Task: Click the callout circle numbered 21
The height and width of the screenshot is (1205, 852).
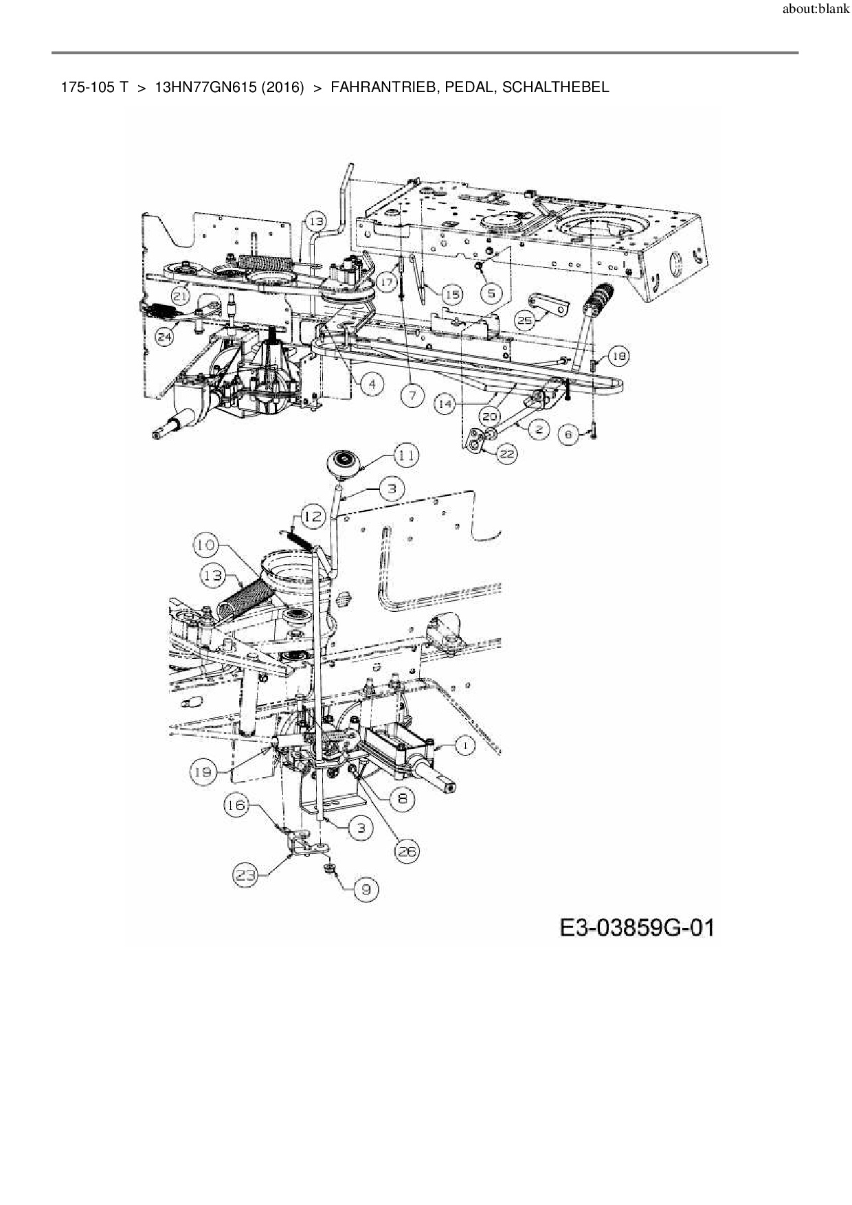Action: tap(181, 296)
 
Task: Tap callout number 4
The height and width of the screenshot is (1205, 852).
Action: tap(372, 383)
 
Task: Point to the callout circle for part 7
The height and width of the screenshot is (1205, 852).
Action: tap(412, 396)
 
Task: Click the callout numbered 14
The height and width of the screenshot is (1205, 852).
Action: tap(445, 405)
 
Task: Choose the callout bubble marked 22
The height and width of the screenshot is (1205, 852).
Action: tap(506, 453)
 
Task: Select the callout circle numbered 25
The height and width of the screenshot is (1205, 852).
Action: tap(525, 320)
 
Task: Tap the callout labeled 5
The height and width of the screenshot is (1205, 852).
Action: tap(490, 293)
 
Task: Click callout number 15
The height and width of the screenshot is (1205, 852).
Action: tap(451, 295)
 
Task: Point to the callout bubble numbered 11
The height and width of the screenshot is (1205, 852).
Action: tap(405, 455)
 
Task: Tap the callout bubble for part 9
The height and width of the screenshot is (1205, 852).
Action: tap(366, 890)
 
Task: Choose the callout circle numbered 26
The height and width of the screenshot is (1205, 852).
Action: tap(406, 852)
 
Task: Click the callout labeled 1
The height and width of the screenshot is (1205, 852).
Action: tap(465, 745)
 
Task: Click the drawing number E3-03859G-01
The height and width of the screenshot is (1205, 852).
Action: tap(637, 929)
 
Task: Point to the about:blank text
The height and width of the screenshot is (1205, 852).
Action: tap(816, 10)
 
